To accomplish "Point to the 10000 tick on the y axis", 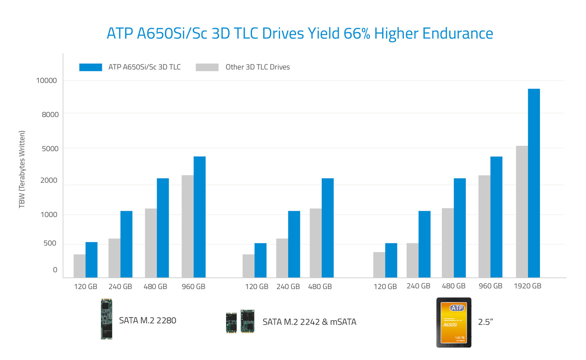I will [46, 81].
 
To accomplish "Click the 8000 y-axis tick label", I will [50, 114].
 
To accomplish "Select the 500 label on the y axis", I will [50, 243].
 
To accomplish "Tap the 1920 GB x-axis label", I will [527, 286].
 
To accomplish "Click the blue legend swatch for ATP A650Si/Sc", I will [90, 67].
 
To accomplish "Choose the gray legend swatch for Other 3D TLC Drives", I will [207, 67].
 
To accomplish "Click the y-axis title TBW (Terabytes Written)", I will [22, 169].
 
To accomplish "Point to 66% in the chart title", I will [357, 33].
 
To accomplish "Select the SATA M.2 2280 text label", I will [148, 320].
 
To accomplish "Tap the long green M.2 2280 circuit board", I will [106, 319].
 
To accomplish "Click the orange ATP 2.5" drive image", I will [454, 323].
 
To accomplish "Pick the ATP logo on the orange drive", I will [457, 308].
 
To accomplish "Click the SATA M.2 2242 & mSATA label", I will [309, 322].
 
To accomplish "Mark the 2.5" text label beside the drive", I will [485, 322].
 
